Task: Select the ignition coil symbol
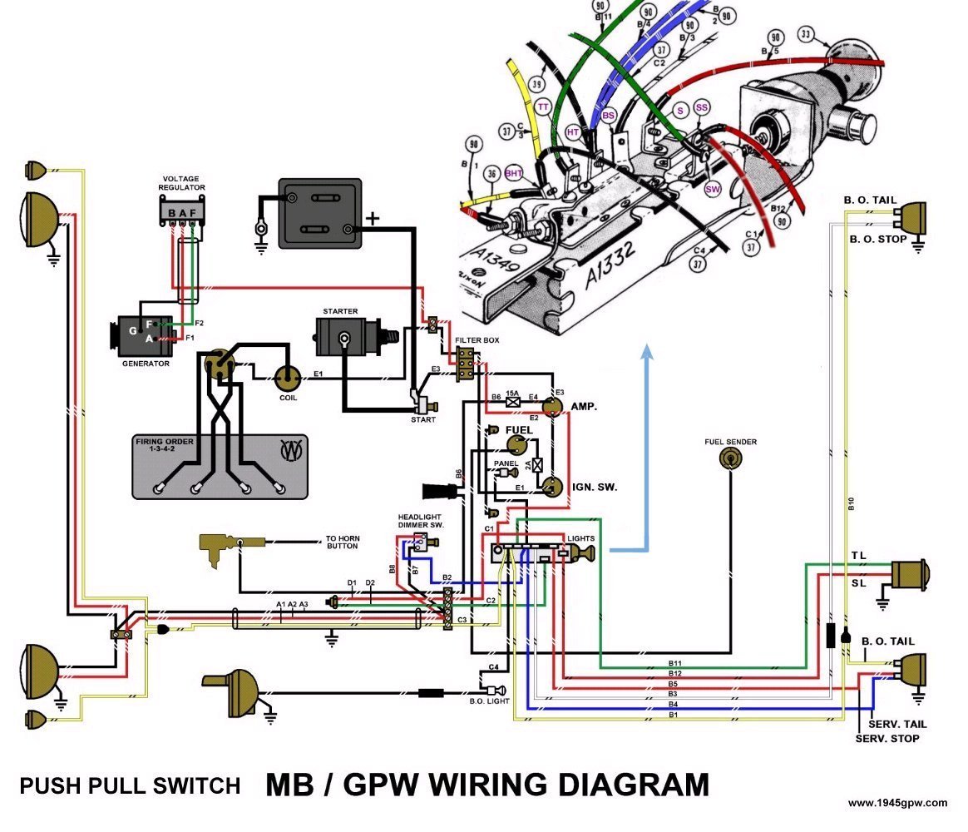288,379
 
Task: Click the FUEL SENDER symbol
729,457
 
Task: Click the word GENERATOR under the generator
146,364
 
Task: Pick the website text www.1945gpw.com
896,803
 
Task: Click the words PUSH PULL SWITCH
130,785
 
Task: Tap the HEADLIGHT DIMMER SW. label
420,521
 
